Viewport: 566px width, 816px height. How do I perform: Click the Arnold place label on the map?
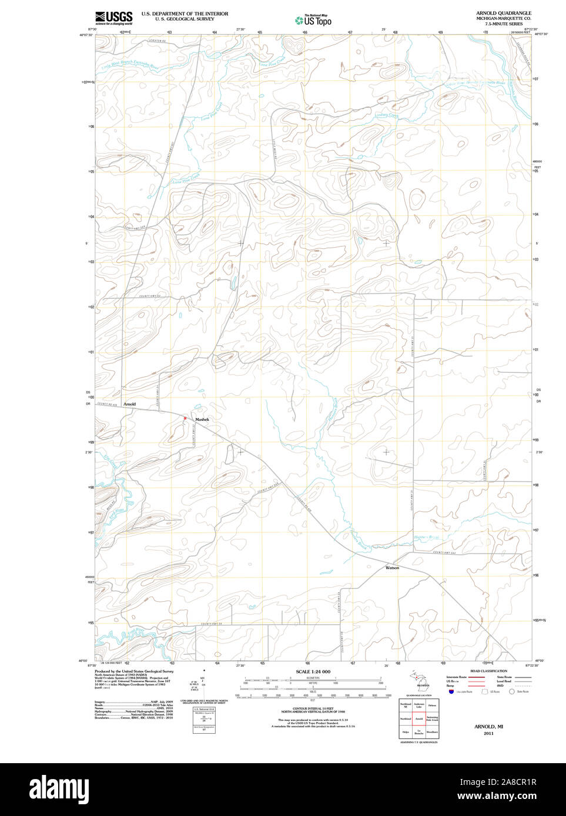(x=129, y=404)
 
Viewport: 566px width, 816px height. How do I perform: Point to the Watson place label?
(x=392, y=568)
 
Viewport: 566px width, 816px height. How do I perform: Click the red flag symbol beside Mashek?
(x=185, y=418)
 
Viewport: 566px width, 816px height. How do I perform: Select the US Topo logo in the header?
(x=313, y=21)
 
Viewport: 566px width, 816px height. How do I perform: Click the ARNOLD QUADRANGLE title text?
(x=503, y=13)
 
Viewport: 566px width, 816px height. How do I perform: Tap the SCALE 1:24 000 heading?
(x=313, y=672)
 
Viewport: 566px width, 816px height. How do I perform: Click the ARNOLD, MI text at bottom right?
(x=488, y=726)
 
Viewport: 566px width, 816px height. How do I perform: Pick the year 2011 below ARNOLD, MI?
(x=488, y=733)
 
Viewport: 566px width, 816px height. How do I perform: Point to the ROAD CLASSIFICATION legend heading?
(x=488, y=671)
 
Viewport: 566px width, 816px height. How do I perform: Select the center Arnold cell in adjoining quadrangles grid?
(x=419, y=719)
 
